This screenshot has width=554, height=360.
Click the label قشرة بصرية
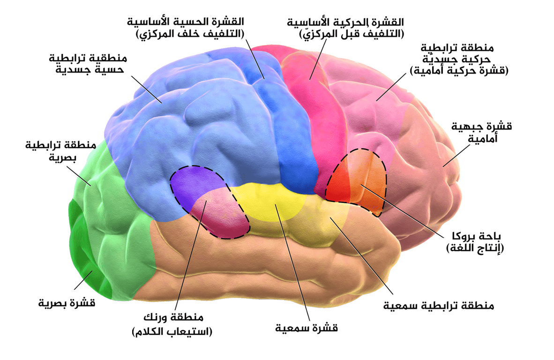[67, 303]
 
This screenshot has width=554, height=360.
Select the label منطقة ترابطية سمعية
[439, 306]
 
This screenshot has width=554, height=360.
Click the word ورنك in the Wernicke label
[162, 317]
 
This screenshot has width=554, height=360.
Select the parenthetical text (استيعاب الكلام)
[172, 332]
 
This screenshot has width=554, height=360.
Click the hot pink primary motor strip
[314, 117]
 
